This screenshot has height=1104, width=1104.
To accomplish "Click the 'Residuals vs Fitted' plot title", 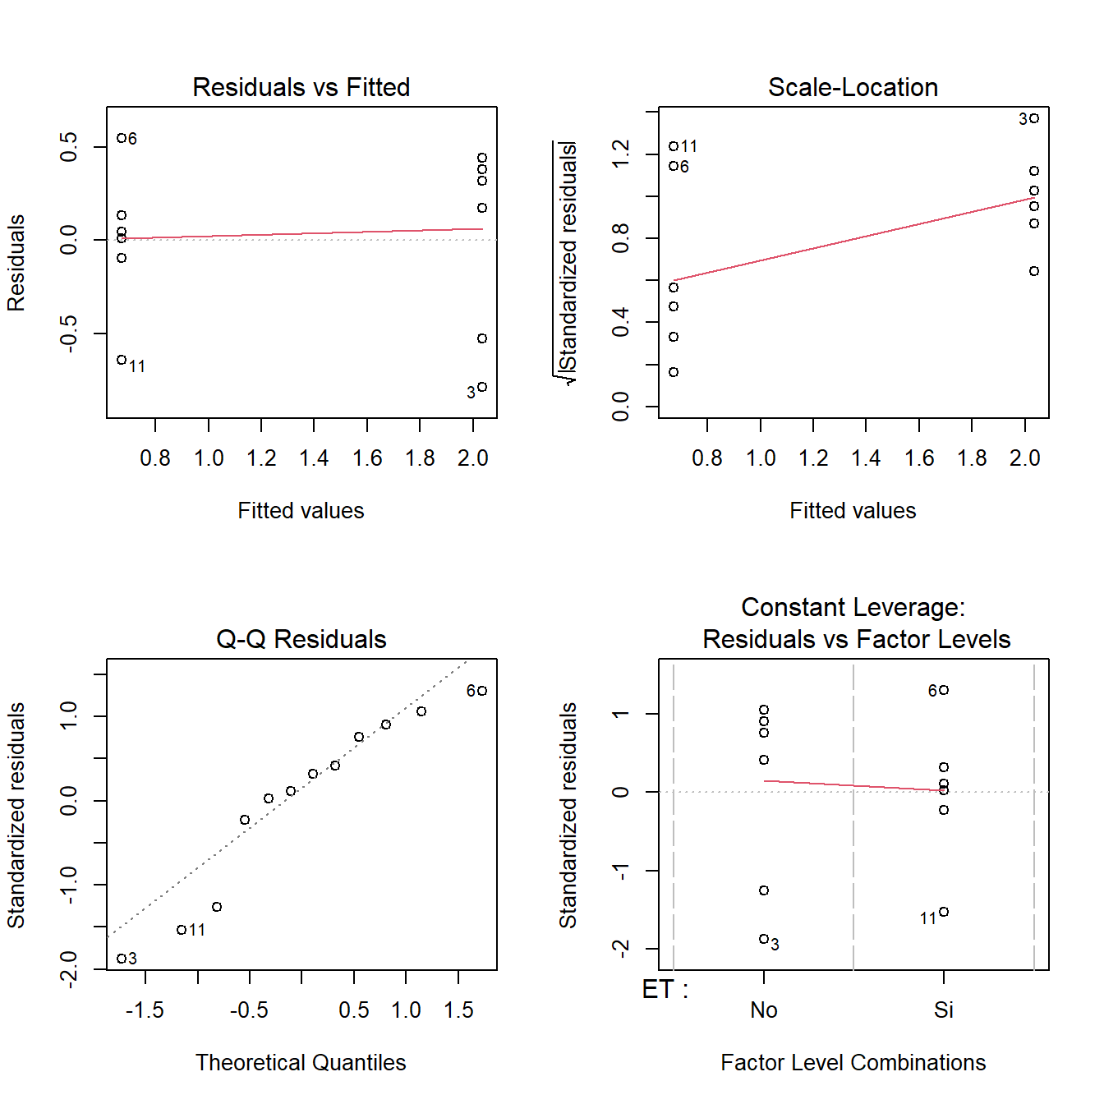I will tap(301, 87).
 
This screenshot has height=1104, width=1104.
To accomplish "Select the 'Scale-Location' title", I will tap(853, 87).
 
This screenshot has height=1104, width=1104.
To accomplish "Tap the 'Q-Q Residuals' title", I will tap(301, 639).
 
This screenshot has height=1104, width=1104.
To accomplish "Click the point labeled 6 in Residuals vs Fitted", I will tap(122, 138).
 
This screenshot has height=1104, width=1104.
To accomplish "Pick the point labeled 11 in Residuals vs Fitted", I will tap(122, 360).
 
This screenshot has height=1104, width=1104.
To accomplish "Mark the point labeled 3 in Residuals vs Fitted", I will tap(482, 387).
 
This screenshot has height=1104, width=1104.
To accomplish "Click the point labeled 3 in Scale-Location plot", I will tap(1034, 118).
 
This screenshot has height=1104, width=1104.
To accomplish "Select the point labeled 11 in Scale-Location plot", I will tap(674, 146).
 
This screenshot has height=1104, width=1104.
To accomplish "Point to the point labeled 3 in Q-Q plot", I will tap(122, 959).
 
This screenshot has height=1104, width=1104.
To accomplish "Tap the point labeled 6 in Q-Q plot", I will tap(482, 691).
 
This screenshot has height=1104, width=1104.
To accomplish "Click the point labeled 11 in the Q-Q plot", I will tap(182, 930).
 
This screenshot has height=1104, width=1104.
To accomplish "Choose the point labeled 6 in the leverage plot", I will tap(944, 690).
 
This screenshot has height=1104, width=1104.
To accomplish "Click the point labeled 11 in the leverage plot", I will tap(944, 912).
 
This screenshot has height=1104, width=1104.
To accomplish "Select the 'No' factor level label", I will tap(764, 1010).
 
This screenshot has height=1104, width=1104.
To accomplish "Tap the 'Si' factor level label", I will tap(944, 1010).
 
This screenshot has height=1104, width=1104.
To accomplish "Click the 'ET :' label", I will tap(665, 990).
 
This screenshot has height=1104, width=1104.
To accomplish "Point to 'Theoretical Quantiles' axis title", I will tap(301, 1063).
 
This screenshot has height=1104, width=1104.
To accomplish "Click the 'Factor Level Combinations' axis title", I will tap(853, 1063).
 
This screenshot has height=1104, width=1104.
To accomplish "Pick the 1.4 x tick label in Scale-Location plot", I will tap(866, 458).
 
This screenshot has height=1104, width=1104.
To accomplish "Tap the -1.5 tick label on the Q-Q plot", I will tap(145, 1010).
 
